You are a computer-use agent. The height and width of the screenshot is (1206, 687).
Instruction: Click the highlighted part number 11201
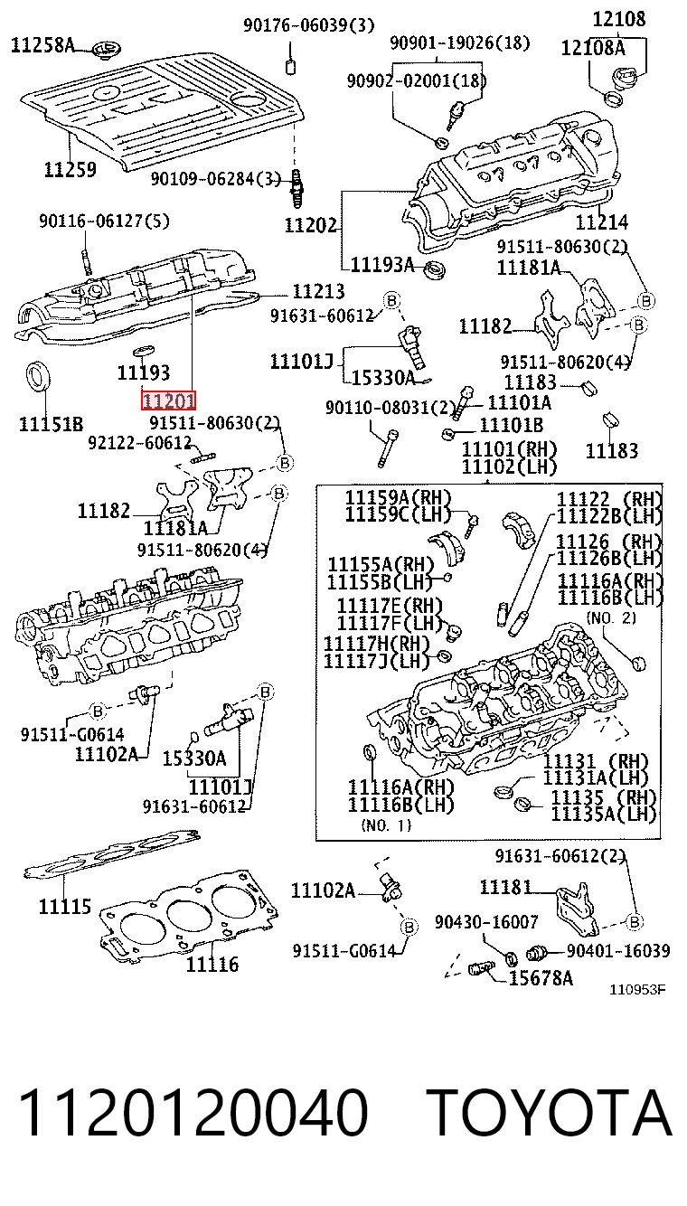pyautogui.click(x=168, y=400)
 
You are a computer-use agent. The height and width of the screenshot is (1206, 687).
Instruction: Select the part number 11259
pyautogui.click(x=70, y=169)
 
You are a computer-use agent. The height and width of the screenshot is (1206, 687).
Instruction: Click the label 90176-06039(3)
pyautogui.click(x=308, y=25)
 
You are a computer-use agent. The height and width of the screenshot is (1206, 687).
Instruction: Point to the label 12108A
pyautogui.click(x=593, y=48)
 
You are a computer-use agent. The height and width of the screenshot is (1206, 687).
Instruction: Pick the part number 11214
pyautogui.click(x=602, y=221)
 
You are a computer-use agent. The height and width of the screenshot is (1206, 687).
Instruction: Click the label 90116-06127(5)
pyautogui.click(x=105, y=221)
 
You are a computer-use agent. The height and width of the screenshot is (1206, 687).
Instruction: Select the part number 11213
pyautogui.click(x=318, y=291)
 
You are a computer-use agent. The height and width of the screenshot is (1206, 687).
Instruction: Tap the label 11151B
pyautogui.click(x=52, y=424)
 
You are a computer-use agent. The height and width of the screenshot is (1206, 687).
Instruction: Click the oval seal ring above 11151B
pyautogui.click(x=39, y=377)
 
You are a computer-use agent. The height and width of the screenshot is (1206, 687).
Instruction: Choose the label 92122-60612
pyautogui.click(x=140, y=443)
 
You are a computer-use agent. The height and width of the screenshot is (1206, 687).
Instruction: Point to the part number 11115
pyautogui.click(x=65, y=907)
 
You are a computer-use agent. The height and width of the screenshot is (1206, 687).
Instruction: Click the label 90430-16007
pyautogui.click(x=486, y=922)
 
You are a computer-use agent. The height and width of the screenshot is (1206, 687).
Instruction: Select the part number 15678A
pyautogui.click(x=541, y=977)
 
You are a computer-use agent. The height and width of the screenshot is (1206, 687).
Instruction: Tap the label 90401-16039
pyautogui.click(x=618, y=951)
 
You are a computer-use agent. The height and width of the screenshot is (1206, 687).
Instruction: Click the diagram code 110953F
pyautogui.click(x=637, y=989)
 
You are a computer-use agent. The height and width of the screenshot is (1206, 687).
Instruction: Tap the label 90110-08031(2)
pyautogui.click(x=391, y=408)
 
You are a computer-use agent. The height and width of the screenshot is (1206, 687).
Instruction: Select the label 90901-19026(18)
pyautogui.click(x=460, y=42)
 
